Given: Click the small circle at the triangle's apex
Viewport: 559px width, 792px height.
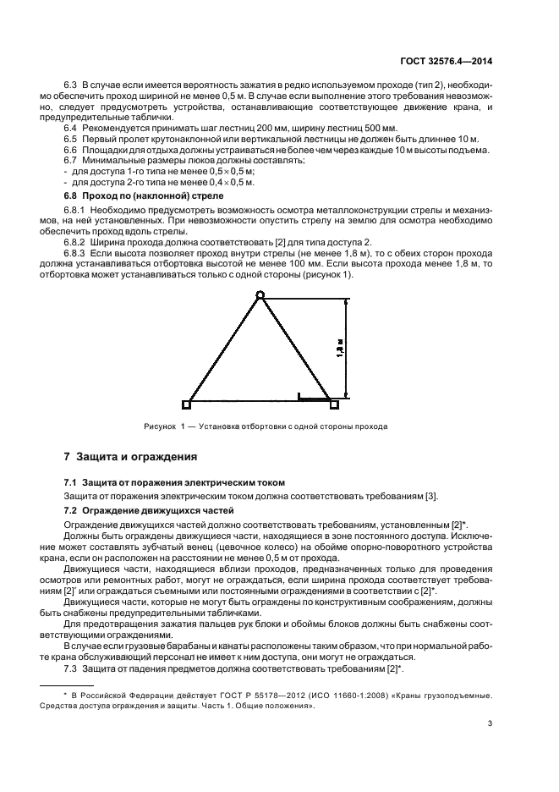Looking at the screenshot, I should coord(260,295).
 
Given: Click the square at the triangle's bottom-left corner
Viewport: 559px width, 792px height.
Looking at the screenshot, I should coord(186,404).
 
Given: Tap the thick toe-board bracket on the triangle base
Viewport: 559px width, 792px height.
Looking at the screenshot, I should coord(312,396).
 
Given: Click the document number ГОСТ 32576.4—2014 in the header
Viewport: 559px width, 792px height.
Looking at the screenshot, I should coord(445,61).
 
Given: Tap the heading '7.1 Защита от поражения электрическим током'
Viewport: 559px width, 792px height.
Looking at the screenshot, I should coord(175,482).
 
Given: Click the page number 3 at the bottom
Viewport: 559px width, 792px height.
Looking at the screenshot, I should coord(490,723).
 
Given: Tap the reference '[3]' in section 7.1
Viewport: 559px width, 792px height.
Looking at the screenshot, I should coord(432,496).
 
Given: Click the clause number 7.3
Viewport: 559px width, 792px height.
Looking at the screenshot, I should coord(72,670).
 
